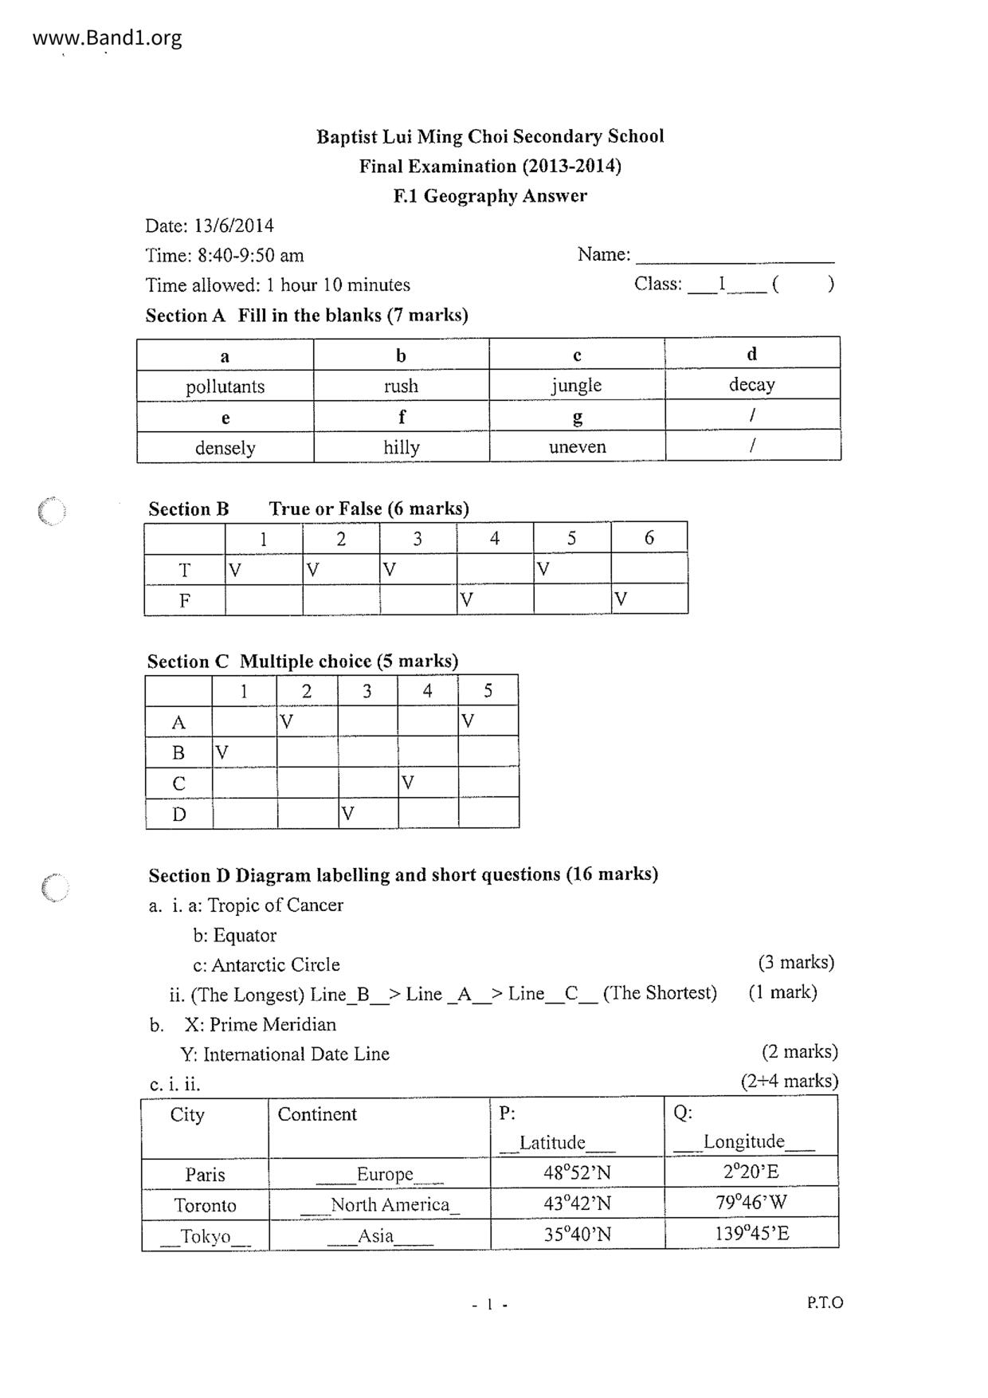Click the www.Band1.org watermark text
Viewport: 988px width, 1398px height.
tap(107, 38)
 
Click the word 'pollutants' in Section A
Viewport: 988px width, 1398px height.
tap(225, 387)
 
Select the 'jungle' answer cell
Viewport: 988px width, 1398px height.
tap(576, 386)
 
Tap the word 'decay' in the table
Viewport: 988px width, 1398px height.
tap(751, 385)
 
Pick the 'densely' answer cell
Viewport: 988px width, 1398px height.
tap(225, 448)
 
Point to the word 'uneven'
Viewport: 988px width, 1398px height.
tap(577, 447)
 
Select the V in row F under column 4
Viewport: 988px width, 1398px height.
tap(467, 599)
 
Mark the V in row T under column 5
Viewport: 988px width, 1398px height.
tap(543, 569)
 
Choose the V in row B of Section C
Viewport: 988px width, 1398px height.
tap(222, 752)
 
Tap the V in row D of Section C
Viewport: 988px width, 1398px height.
tap(347, 814)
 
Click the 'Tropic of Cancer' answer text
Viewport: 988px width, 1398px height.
tap(275, 905)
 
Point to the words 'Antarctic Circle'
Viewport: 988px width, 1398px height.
tap(276, 965)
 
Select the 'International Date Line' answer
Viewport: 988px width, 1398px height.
tap(296, 1054)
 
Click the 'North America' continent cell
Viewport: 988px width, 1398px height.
tap(390, 1204)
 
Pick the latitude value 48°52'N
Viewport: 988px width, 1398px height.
tap(577, 1173)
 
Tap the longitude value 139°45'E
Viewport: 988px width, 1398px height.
tap(751, 1234)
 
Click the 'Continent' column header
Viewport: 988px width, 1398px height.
tap(317, 1114)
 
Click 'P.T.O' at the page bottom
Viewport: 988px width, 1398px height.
tap(824, 1302)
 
